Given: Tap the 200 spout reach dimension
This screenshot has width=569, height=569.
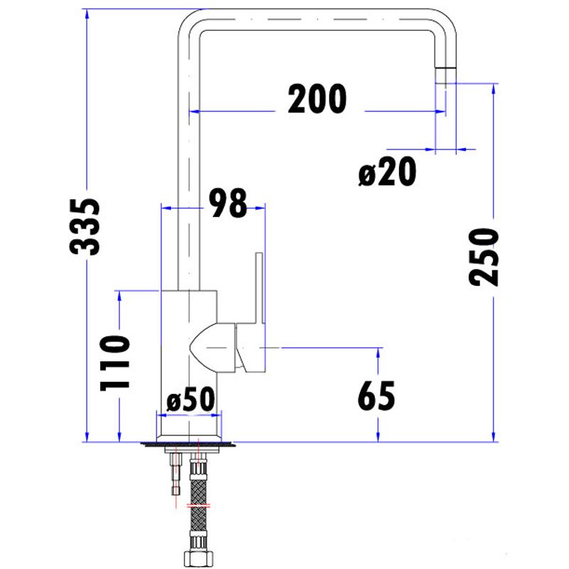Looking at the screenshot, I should pyautogui.click(x=317, y=99).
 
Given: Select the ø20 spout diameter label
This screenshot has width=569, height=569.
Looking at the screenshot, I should pyautogui.click(x=387, y=173).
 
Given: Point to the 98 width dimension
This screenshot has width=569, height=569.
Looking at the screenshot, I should pyautogui.click(x=228, y=203).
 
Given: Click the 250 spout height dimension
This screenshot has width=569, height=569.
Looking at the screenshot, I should pyautogui.click(x=484, y=257).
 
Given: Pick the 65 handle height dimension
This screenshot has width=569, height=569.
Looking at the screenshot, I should pyautogui.click(x=376, y=396).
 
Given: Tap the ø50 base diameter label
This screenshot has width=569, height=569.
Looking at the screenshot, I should pyautogui.click(x=191, y=402).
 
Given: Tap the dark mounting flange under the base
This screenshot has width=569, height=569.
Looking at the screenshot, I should pyautogui.click(x=188, y=445).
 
